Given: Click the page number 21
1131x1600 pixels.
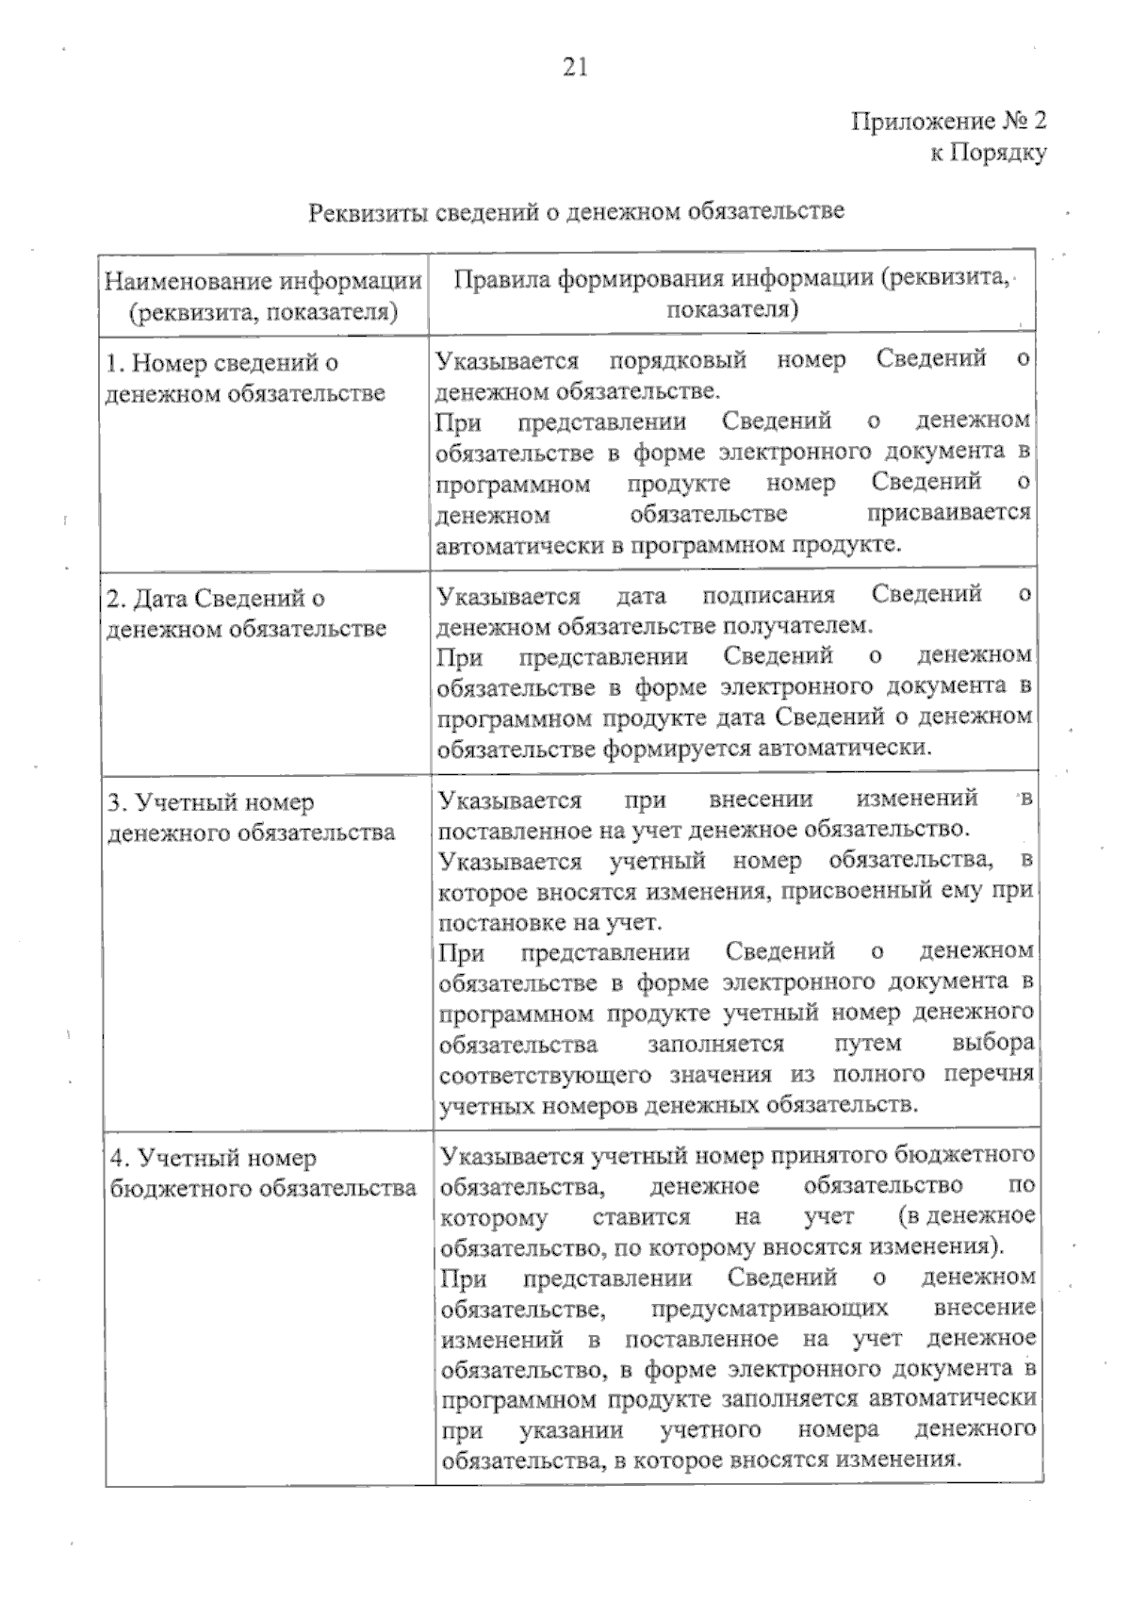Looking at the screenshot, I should pyautogui.click(x=575, y=66).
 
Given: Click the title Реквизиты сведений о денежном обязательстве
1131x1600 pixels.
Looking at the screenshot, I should pyautogui.click(x=576, y=211).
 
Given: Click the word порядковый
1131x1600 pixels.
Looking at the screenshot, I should pyautogui.click(x=678, y=360).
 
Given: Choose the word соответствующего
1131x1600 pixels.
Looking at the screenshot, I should pyautogui.click(x=547, y=1075).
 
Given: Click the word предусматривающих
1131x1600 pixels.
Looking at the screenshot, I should pyautogui.click(x=769, y=1309).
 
